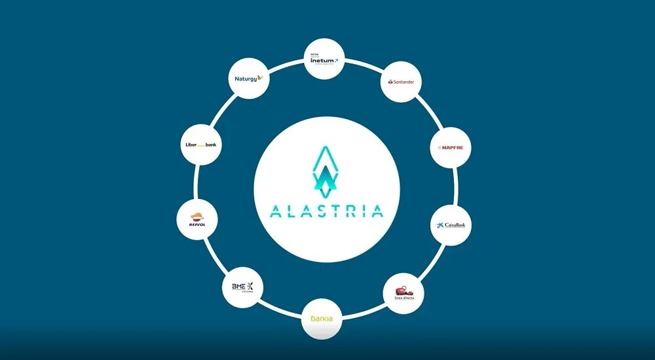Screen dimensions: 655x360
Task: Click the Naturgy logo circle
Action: pos(249,79)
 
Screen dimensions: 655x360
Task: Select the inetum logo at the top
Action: pos(324,61)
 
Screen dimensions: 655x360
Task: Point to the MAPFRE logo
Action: pos(451,148)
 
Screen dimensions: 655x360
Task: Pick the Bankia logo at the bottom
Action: pos(321,319)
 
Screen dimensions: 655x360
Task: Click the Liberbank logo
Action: pos(201,144)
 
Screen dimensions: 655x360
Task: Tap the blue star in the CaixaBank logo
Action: pos(440,225)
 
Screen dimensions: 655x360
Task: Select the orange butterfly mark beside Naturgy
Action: pos(261,78)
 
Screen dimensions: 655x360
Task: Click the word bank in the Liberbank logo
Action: pos(210,144)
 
